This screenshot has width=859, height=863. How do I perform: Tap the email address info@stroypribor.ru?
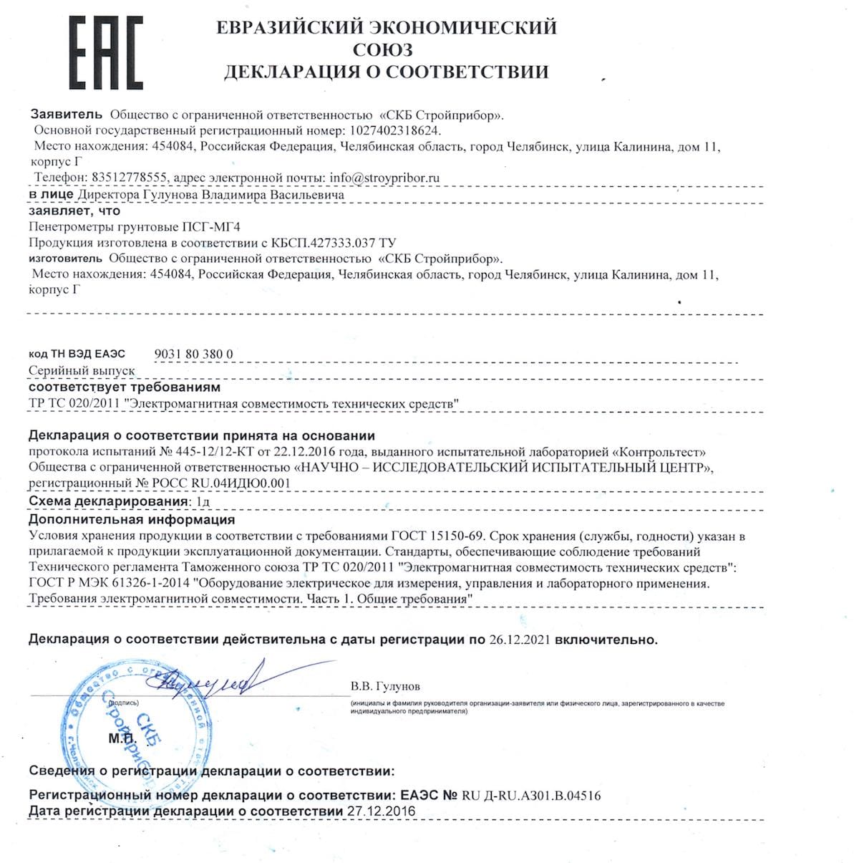(x=384, y=178)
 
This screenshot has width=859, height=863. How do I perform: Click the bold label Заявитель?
(x=67, y=115)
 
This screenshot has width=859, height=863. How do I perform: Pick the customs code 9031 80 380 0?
(x=193, y=354)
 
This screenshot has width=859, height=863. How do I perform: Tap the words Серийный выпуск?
(x=81, y=371)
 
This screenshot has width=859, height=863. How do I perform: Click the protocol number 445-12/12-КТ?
(x=208, y=452)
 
